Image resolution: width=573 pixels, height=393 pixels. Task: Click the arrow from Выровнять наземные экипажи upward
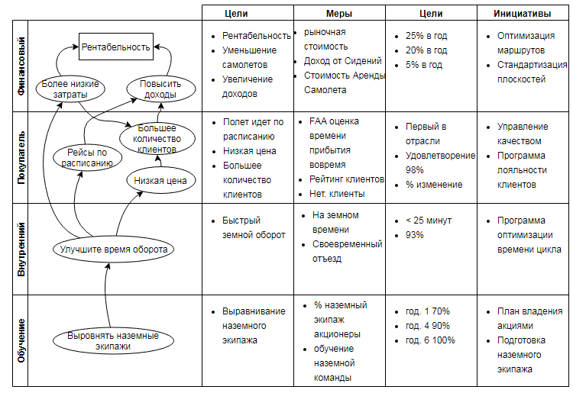pyautogui.click(x=105, y=295)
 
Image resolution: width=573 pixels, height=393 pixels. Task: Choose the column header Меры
pyautogui.click(x=339, y=14)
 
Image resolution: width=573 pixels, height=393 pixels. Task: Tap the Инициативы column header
pyautogui.click(x=523, y=14)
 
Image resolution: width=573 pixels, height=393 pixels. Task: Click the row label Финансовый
pyautogui.click(x=21, y=66)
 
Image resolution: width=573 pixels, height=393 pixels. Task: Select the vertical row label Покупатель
pyautogui.click(x=21, y=157)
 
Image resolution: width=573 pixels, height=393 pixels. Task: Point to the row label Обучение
pyautogui.click(x=21, y=341)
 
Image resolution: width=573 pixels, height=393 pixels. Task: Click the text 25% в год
pyautogui.click(x=426, y=36)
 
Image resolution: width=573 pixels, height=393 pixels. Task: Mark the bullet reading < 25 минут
pyautogui.click(x=429, y=221)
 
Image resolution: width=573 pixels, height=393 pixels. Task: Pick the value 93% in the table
pyautogui.click(x=414, y=235)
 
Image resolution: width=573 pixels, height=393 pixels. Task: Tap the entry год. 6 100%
pyautogui.click(x=430, y=340)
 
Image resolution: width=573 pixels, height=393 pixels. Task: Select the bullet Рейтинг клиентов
pyautogui.click(x=346, y=179)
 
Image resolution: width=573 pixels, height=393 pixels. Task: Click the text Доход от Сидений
pyautogui.click(x=343, y=61)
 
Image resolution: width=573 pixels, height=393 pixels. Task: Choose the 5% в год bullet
pyautogui.click(x=424, y=65)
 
